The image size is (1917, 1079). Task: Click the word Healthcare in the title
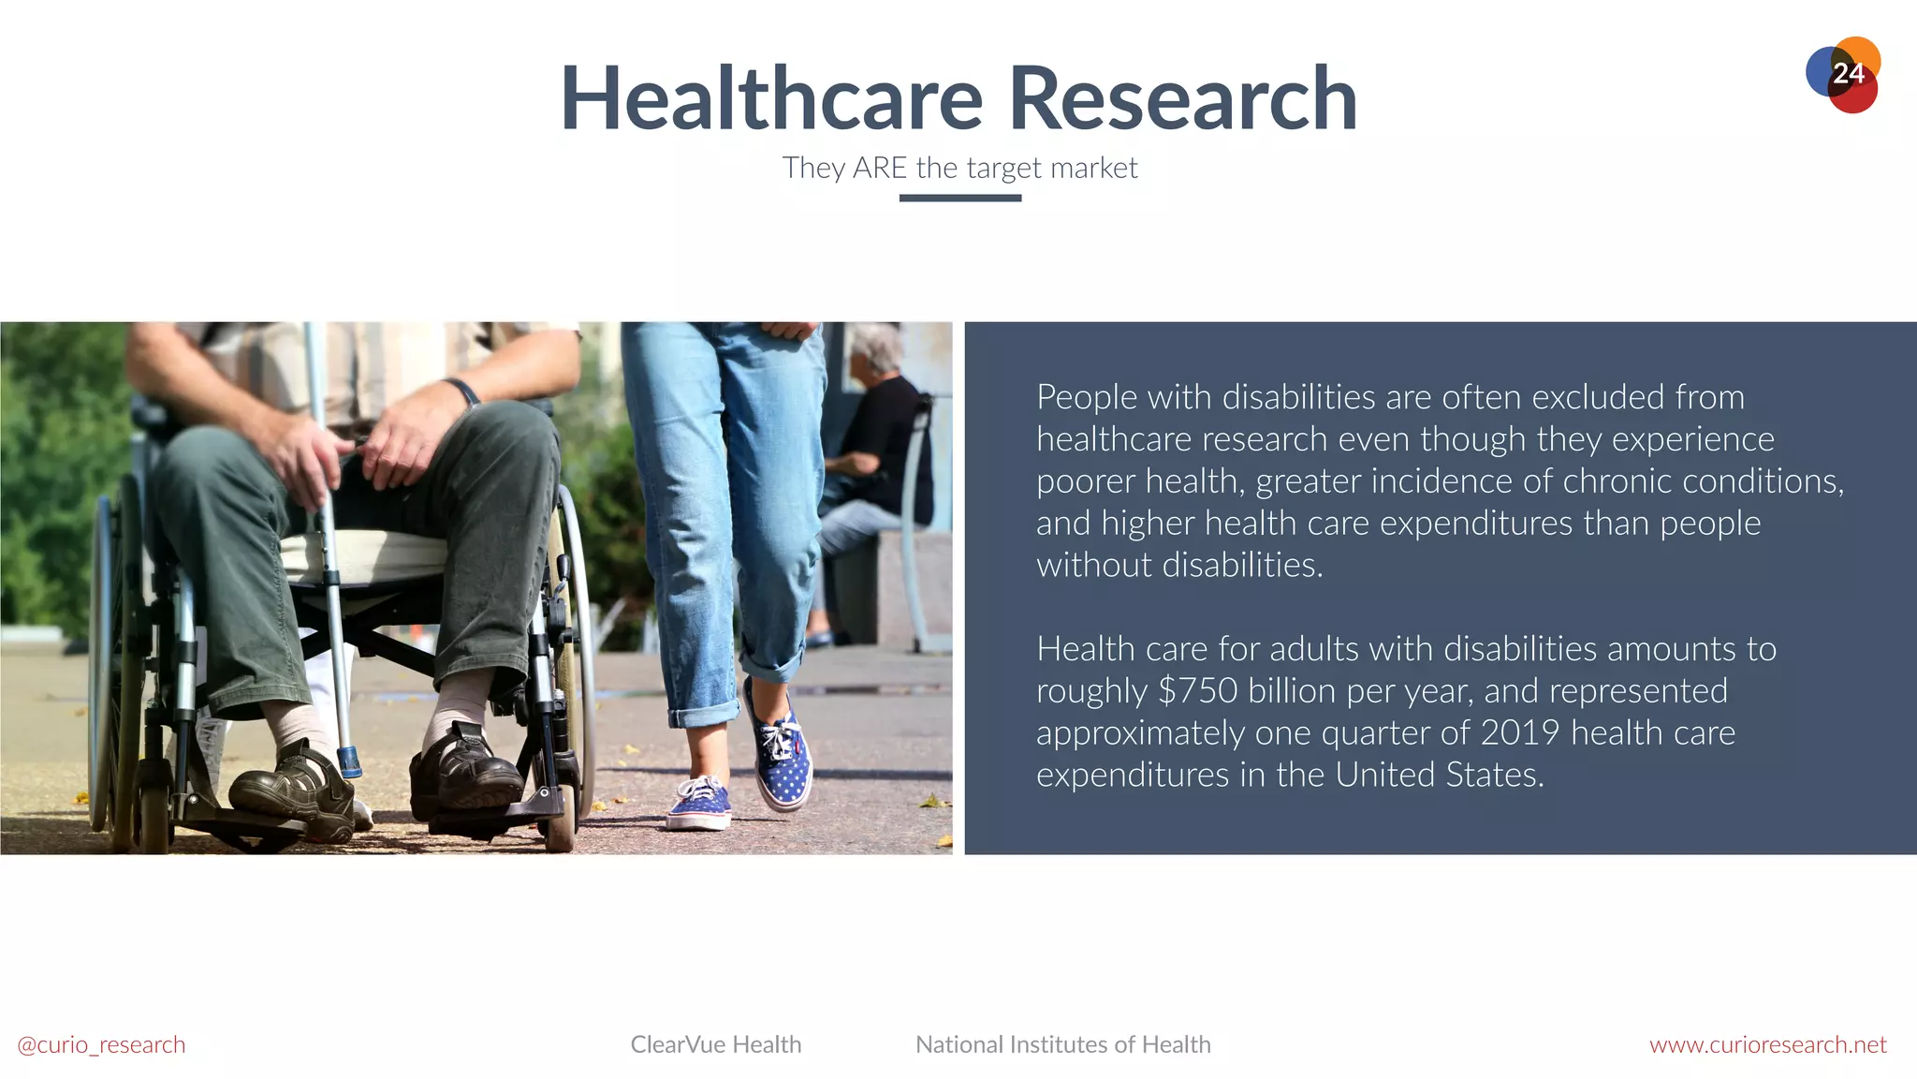point(771,99)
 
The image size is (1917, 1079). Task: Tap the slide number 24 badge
point(1845,74)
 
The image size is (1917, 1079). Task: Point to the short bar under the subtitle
point(959,198)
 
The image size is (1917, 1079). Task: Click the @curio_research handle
point(101,1044)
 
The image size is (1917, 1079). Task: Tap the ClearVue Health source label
point(716,1044)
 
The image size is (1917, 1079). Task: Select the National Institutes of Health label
point(1062,1044)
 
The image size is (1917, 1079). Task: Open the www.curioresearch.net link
point(1767,1044)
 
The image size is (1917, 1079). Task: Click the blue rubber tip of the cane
point(349,762)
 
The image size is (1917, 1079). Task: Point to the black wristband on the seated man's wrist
point(462,390)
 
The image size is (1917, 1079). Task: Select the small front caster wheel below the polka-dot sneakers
point(560,824)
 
